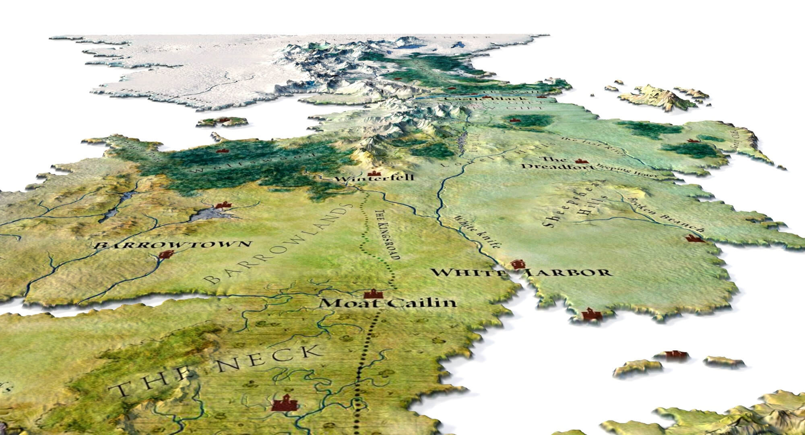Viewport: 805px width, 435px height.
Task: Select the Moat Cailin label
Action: (x=388, y=303)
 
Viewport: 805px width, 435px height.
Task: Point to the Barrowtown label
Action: (x=173, y=245)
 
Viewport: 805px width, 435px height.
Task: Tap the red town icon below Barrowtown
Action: (x=165, y=255)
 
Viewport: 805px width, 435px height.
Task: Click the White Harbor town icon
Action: (x=518, y=264)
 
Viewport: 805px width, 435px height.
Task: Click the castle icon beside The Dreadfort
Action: (x=580, y=161)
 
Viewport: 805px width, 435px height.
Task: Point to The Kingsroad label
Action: (x=384, y=235)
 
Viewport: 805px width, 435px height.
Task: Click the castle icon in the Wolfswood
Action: (x=220, y=151)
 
